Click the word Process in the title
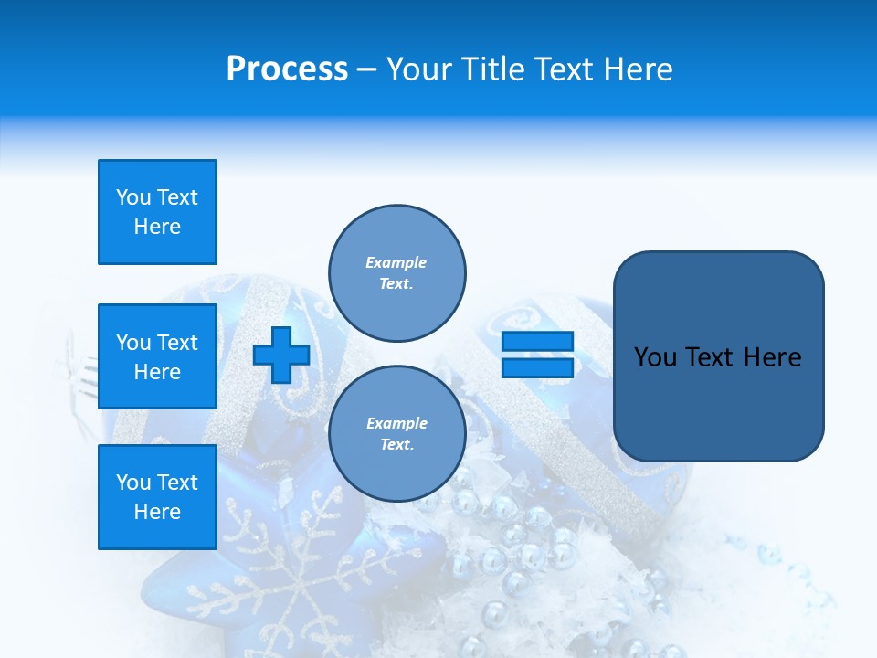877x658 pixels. (287, 69)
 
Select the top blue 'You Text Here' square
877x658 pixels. (157, 212)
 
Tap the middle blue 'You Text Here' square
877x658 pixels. (157, 356)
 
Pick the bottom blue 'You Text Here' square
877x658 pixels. (157, 497)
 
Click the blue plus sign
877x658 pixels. (281, 356)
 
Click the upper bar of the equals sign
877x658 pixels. (538, 342)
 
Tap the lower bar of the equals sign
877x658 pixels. (538, 367)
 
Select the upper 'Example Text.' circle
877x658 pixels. (396, 272)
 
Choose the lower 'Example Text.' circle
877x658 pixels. (396, 433)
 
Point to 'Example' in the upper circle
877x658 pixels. (396, 262)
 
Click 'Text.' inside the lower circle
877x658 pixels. (396, 444)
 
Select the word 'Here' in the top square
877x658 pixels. (157, 227)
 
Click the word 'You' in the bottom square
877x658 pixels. (132, 483)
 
